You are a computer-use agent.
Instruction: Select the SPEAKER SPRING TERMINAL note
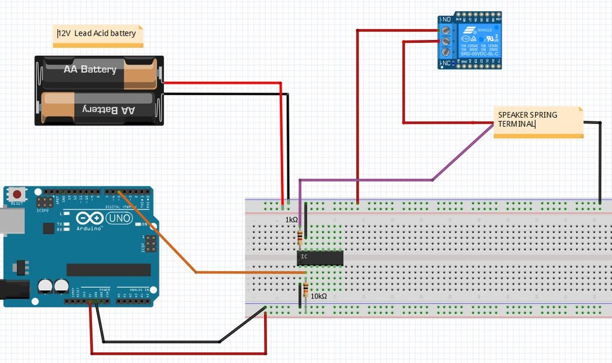pyautogui.click(x=538, y=122)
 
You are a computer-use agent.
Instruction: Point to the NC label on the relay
pyautogui.click(x=445, y=63)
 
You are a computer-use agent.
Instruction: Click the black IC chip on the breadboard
pyautogui.click(x=320, y=258)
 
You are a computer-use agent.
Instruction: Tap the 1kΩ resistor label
pyautogui.click(x=291, y=220)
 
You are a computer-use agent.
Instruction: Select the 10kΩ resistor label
pyautogui.click(x=319, y=296)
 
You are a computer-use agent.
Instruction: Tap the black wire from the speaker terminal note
pyautogui.click(x=599, y=161)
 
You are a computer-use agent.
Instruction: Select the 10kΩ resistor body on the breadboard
pyautogui.click(x=306, y=290)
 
